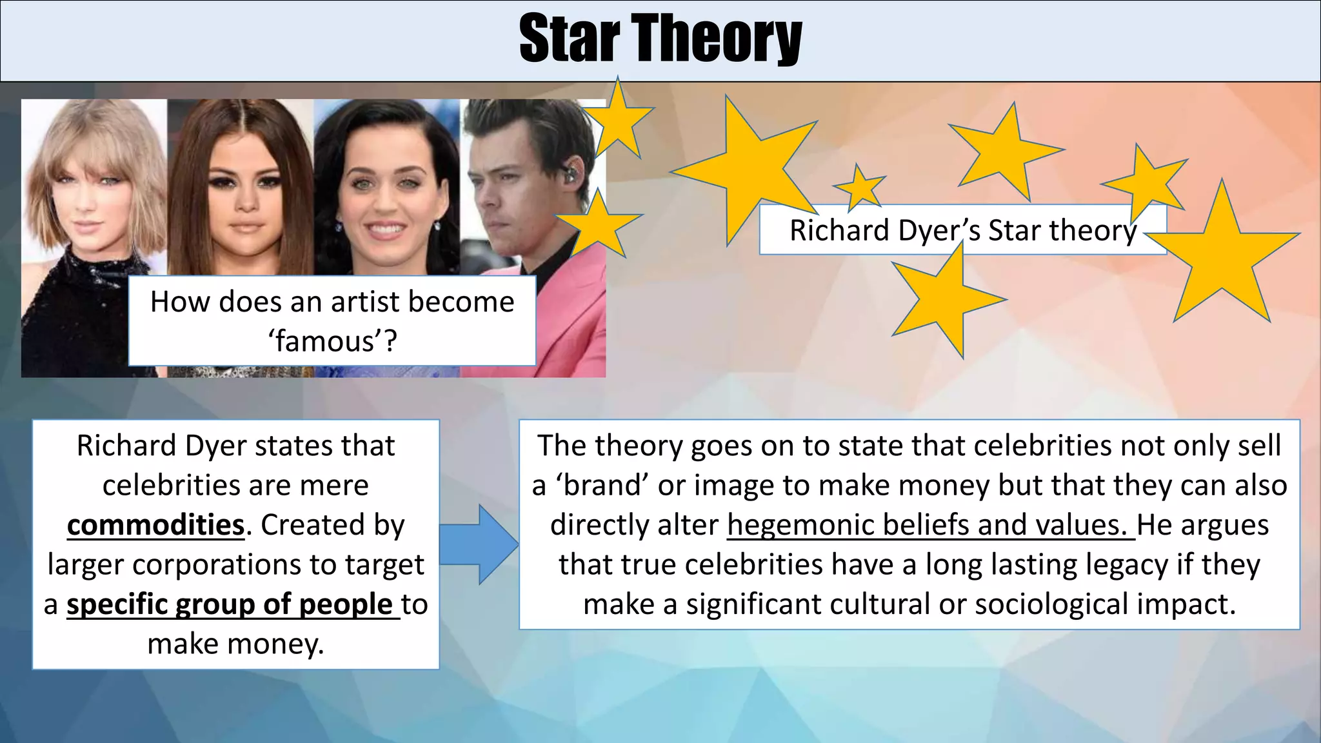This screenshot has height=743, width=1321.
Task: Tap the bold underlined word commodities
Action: tap(155, 525)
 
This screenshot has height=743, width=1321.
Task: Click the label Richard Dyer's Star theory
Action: tap(962, 230)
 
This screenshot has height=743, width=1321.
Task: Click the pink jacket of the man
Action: tap(568, 310)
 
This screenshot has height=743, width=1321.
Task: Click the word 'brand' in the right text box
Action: tap(602, 486)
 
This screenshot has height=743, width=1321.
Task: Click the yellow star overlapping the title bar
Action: tap(617, 119)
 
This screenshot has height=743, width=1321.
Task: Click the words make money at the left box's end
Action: tap(235, 644)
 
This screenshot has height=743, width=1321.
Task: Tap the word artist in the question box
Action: tap(361, 302)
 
